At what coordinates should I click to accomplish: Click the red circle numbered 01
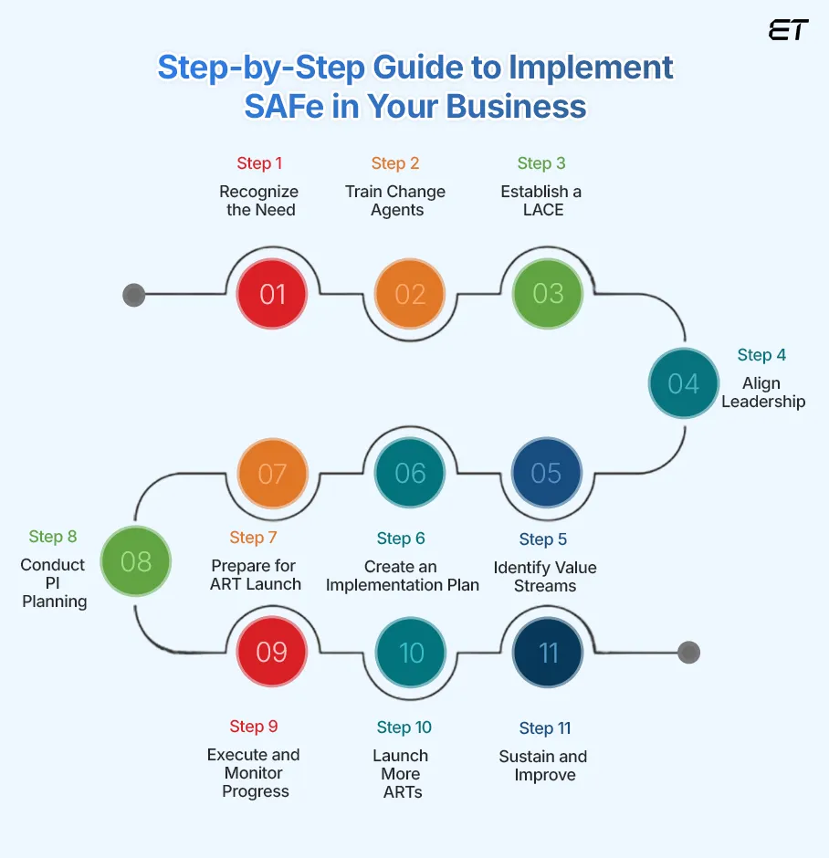tap(272, 294)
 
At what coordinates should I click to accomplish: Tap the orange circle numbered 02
tap(410, 294)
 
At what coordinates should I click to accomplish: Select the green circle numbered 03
tap(548, 294)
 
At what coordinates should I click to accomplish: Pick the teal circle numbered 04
tap(683, 383)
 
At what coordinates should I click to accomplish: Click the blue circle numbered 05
tap(546, 473)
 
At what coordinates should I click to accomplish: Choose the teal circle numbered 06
tap(410, 473)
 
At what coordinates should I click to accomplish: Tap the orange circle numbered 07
tap(272, 474)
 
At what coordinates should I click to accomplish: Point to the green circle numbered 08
tap(135, 561)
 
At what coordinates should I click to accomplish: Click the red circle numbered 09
tap(272, 652)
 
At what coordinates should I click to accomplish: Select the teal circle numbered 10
tap(411, 653)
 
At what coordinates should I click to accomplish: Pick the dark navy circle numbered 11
tap(548, 653)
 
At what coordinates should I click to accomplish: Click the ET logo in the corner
tap(788, 30)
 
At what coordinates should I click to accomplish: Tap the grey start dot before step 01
tap(134, 295)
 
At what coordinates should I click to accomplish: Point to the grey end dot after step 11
tap(688, 653)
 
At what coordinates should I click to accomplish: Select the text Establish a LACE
tap(541, 201)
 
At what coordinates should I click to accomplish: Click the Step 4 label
tap(761, 355)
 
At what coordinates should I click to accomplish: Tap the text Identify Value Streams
tap(545, 576)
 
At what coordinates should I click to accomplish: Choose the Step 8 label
tap(53, 536)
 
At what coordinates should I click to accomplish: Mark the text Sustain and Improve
tap(543, 766)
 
